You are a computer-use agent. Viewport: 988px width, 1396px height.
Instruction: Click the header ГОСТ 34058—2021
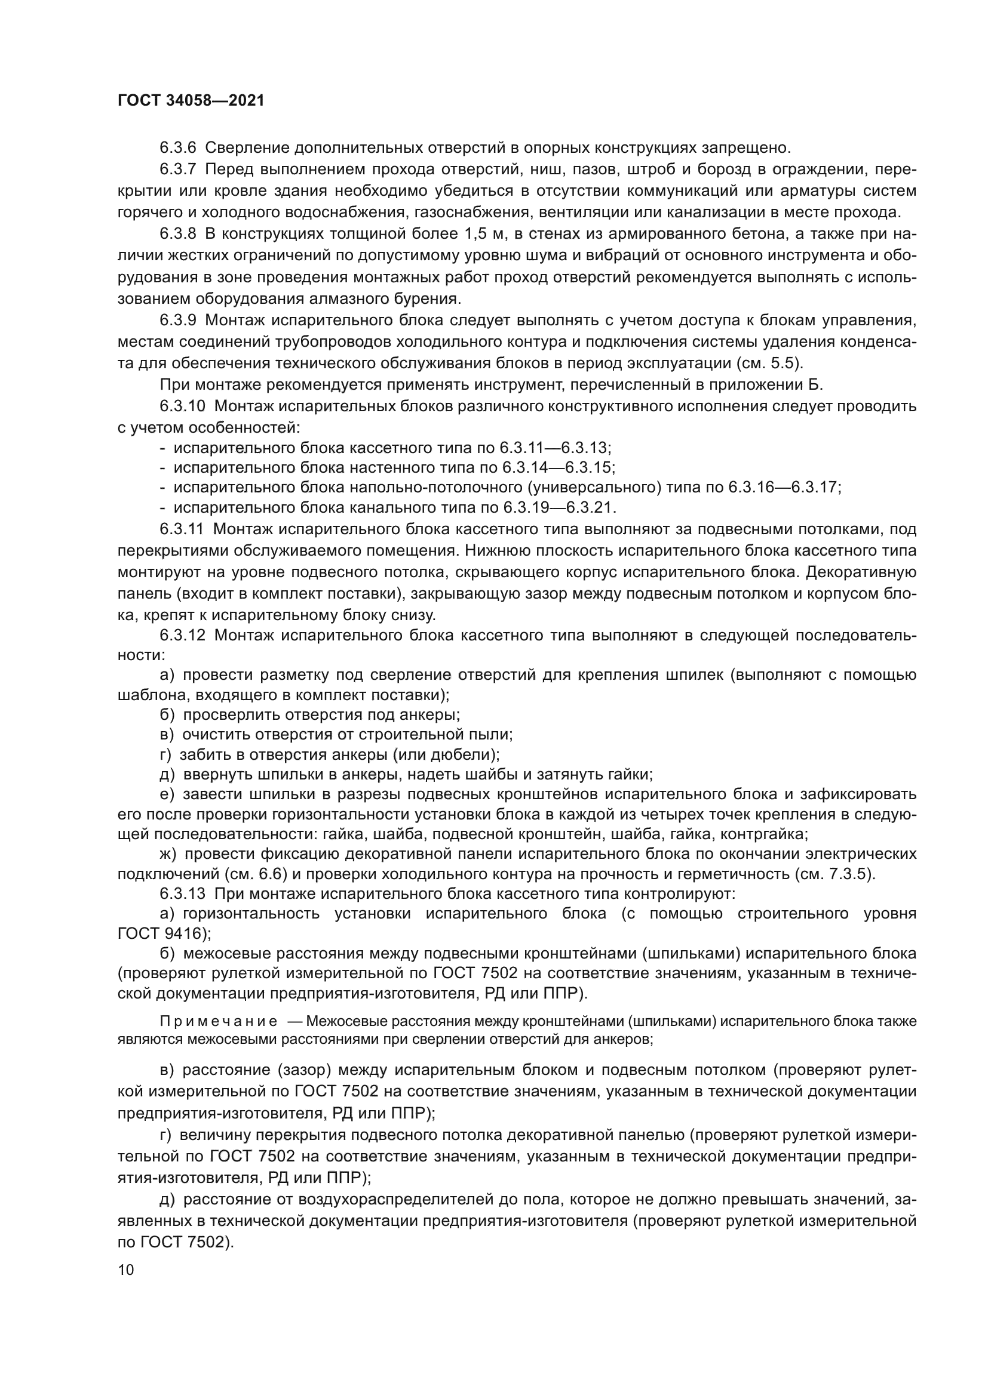click(191, 101)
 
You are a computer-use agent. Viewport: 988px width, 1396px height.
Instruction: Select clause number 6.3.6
click(178, 148)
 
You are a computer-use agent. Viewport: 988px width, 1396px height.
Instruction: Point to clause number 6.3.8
click(178, 234)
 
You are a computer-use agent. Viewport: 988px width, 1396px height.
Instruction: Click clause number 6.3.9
click(178, 321)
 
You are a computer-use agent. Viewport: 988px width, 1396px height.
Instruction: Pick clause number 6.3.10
click(183, 406)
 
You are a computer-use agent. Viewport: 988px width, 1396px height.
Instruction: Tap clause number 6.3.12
click(183, 636)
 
